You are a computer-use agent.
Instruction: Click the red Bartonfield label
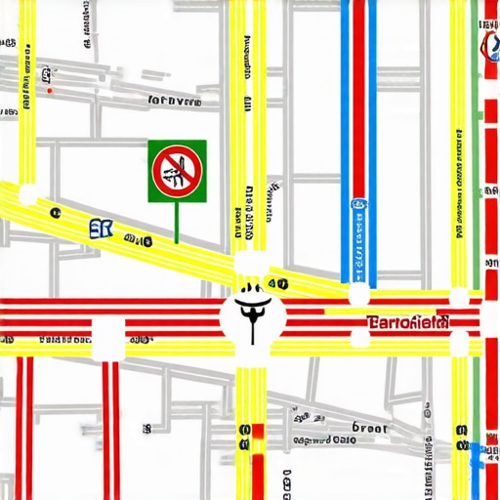(407, 321)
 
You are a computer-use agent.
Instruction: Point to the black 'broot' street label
(369, 429)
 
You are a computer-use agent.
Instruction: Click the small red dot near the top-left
(50, 91)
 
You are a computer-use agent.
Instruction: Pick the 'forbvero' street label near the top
(173, 100)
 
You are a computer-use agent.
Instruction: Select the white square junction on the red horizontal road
(107, 337)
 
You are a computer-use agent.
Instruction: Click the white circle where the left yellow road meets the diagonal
(27, 192)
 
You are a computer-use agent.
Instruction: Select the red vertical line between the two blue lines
(358, 98)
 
